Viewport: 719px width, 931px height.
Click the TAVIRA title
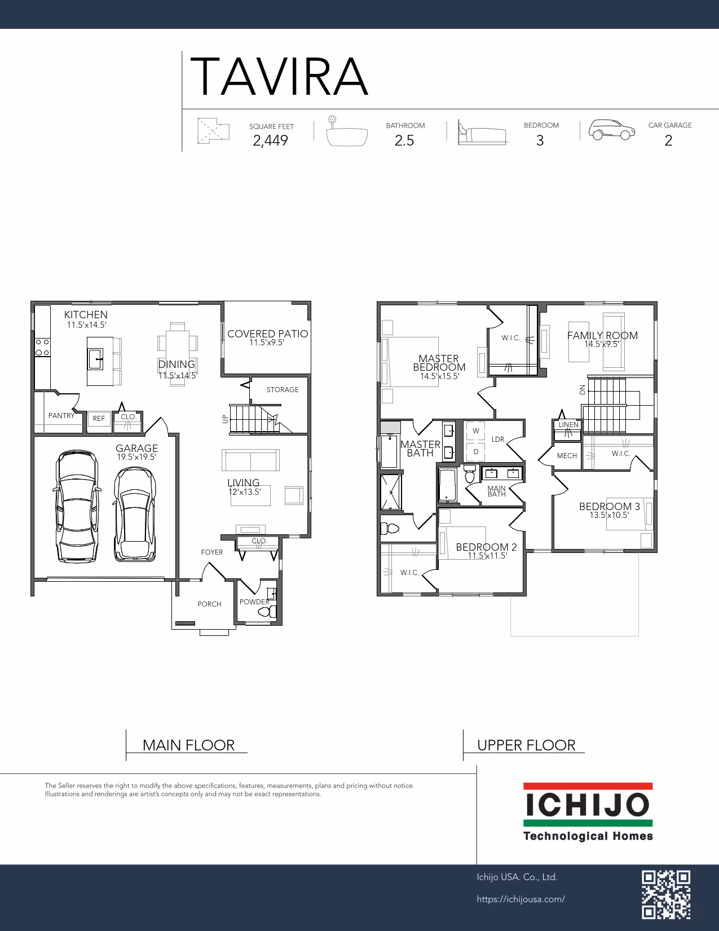pos(279,77)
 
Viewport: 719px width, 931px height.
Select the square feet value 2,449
pos(270,140)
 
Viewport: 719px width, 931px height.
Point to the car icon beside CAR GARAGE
pos(611,129)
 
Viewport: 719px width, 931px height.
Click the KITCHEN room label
pos(86,314)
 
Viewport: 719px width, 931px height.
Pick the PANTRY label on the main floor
pos(61,416)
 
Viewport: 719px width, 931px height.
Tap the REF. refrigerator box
pos(99,419)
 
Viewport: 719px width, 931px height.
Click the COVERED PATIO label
pos(268,334)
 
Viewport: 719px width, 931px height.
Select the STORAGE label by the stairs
pos(283,389)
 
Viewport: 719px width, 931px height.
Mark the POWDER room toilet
pos(267,612)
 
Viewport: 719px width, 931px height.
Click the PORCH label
pos(209,604)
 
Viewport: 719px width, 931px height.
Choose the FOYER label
pos(212,552)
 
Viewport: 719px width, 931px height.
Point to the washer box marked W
pos(476,431)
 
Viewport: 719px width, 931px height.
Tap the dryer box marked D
pos(476,451)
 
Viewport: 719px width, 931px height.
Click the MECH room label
pos(567,456)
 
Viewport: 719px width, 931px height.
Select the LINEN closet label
pos(568,424)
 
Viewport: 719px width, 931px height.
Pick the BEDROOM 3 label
pos(610,507)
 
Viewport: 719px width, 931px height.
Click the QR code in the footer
pos(666,895)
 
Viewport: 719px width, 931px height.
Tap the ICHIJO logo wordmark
pos(588,804)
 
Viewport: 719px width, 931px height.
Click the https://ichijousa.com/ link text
pos(520,899)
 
